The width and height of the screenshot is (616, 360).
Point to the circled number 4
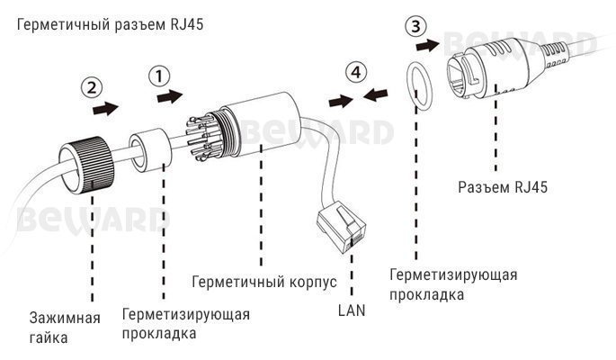coord(357,71)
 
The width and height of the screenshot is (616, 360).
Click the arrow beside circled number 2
coord(107,109)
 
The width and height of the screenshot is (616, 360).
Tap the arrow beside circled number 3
coord(431,43)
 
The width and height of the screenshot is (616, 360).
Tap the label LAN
coord(352,310)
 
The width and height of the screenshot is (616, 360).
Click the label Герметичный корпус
coord(263,282)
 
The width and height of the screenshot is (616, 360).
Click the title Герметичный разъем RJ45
coord(108,23)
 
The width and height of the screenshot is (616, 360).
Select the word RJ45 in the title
coord(186,23)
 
